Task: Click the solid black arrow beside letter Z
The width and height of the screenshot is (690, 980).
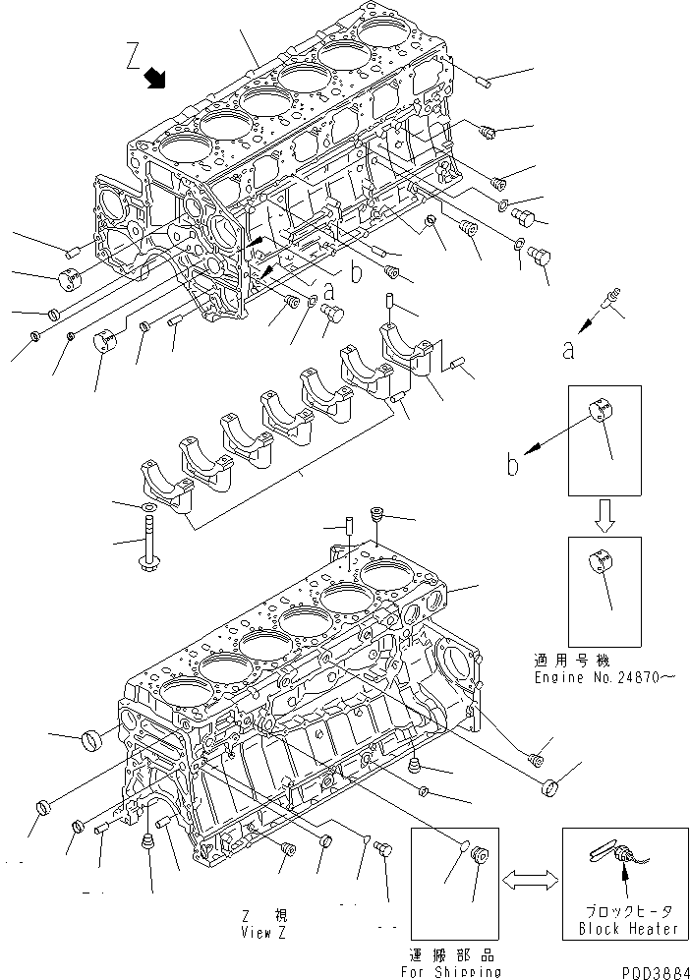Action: coord(155,78)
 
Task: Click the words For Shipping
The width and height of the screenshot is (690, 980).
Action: coord(451,970)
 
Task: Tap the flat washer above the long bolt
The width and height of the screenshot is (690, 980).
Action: coord(147,507)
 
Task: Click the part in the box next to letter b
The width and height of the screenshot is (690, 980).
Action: coord(602,415)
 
